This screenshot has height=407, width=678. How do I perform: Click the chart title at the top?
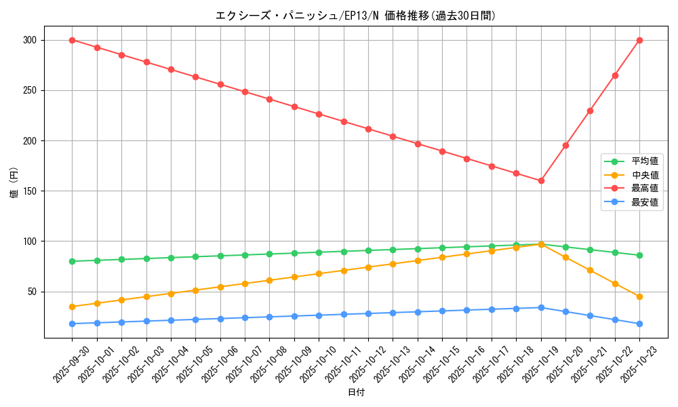(x=356, y=16)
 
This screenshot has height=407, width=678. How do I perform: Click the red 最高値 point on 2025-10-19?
(x=541, y=180)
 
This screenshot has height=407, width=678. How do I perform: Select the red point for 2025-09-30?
(x=72, y=40)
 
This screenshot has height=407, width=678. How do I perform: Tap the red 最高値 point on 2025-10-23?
(x=639, y=40)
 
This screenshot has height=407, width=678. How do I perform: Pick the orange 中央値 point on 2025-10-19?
(x=541, y=244)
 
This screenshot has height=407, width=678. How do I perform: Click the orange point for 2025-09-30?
(x=72, y=307)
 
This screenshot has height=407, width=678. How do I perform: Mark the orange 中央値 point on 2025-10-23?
(x=639, y=296)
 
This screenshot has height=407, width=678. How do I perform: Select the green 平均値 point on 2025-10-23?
(x=639, y=255)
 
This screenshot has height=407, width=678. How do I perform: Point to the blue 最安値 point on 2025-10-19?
(x=541, y=307)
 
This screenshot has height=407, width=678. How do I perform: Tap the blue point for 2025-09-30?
(x=72, y=324)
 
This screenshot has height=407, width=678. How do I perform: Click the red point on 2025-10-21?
(x=590, y=111)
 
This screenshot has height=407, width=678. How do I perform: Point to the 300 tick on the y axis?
(x=31, y=40)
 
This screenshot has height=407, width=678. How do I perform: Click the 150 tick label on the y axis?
(x=31, y=191)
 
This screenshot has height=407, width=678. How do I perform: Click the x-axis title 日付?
(x=356, y=393)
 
